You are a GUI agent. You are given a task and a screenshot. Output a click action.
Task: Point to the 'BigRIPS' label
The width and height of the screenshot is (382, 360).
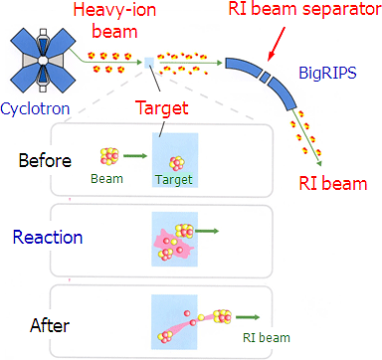click(x=327, y=75)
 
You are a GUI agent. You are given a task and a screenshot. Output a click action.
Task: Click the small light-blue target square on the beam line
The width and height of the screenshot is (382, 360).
click(x=149, y=63)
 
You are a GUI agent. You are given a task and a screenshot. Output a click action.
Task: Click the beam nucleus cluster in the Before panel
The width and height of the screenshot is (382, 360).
click(x=108, y=158)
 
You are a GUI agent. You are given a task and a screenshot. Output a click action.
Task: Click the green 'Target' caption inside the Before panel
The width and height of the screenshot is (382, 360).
click(x=174, y=180)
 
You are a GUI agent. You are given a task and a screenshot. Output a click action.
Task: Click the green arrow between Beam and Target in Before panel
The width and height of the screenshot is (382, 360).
click(x=138, y=156)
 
